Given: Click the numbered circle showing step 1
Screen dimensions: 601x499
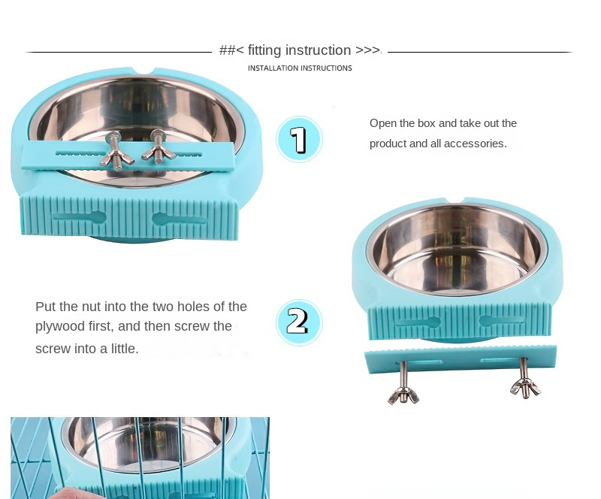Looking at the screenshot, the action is tap(299, 139).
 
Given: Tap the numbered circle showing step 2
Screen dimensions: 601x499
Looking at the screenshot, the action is tap(299, 322).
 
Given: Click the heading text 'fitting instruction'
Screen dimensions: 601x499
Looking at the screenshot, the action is tap(299, 50).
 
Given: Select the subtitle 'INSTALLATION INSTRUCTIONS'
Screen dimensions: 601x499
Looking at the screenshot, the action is tap(300, 68).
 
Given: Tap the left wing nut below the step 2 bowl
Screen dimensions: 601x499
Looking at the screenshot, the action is tap(403, 397).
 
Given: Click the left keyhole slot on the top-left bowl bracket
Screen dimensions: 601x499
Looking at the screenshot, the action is tap(80, 217).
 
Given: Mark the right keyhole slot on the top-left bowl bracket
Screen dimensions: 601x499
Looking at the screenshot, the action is tap(179, 219).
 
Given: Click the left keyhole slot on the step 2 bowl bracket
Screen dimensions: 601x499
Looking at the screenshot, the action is tap(418, 321).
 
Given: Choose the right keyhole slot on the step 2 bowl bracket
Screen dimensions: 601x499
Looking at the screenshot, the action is tap(502, 320).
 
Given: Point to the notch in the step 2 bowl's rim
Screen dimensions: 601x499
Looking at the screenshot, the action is tap(455, 200).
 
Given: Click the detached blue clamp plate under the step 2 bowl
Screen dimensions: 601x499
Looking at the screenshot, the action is tap(461, 358).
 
